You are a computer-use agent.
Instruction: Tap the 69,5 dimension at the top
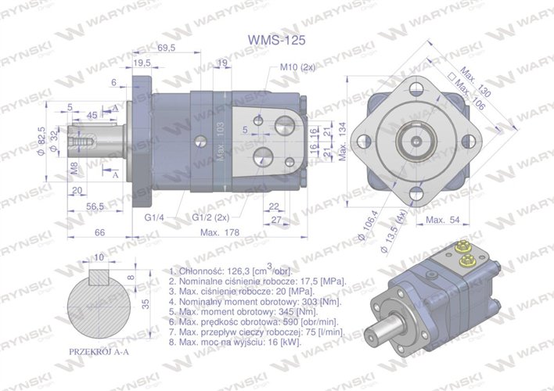click(x=166, y=48)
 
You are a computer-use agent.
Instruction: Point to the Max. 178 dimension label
click(x=220, y=233)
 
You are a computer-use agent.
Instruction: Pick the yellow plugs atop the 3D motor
click(x=463, y=254)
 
